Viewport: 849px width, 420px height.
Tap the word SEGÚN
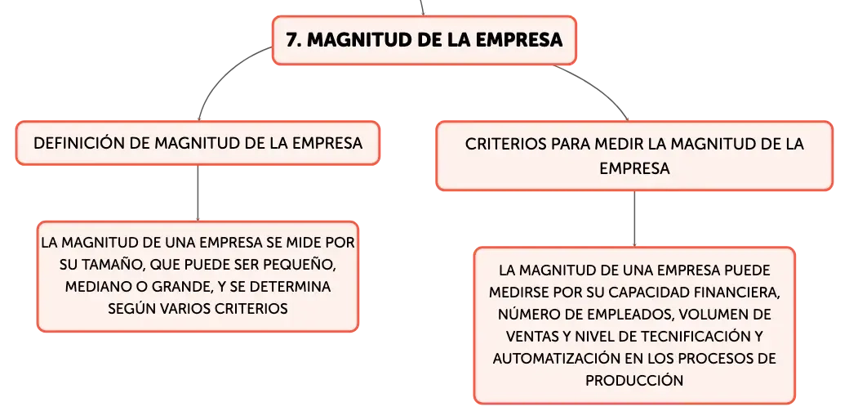tap(132, 308)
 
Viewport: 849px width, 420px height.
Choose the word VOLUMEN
tap(714, 314)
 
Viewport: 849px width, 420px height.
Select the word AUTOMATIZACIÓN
tap(550, 358)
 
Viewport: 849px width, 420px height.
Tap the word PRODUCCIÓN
tap(634, 380)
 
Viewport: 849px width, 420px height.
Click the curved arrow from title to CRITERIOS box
tap(600, 86)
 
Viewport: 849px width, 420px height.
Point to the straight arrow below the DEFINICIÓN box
tap(198, 193)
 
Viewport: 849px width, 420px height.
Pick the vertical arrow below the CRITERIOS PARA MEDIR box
tap(634, 219)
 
